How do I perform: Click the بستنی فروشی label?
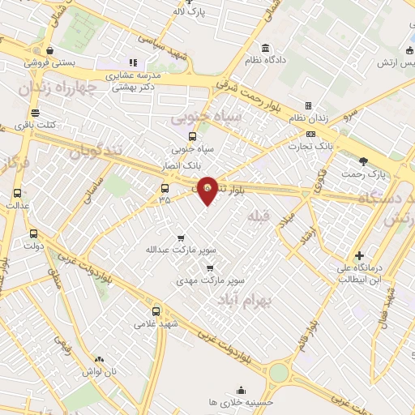(x=50, y=62)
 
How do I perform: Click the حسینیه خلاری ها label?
(x=242, y=402)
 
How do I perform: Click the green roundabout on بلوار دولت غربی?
(x=279, y=372)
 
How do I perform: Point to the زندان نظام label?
(x=308, y=118)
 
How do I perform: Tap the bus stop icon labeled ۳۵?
(x=165, y=188)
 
